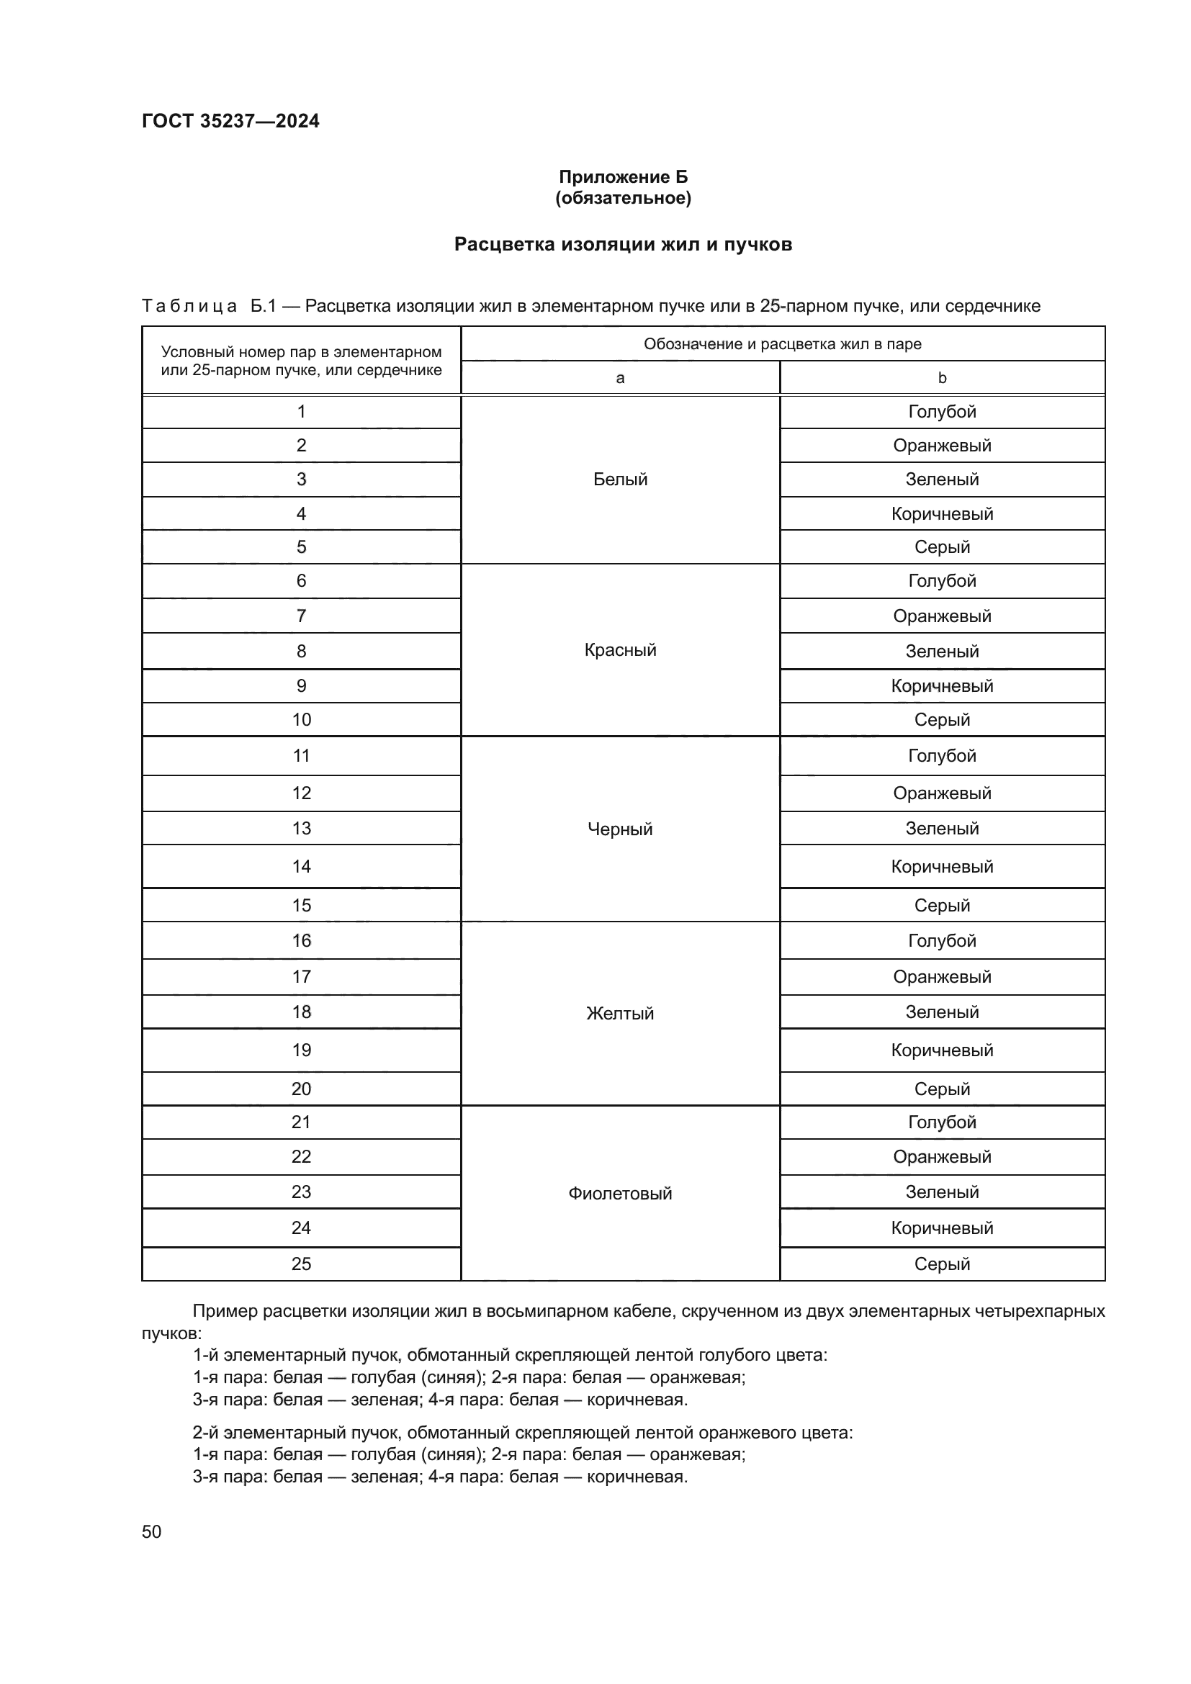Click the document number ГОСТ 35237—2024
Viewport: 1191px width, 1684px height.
click(230, 121)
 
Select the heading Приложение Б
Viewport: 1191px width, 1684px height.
click(623, 177)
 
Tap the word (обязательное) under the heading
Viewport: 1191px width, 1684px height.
click(623, 198)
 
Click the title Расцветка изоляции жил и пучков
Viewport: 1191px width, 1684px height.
click(623, 244)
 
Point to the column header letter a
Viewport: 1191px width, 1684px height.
click(620, 379)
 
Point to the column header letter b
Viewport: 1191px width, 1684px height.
click(942, 379)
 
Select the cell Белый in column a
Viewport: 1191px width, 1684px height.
click(620, 479)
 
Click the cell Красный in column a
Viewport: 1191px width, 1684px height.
click(620, 650)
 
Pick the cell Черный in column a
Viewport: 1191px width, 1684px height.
click(620, 829)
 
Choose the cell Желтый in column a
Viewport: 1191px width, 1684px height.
click(620, 1014)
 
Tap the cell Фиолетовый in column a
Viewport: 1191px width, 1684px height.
click(620, 1193)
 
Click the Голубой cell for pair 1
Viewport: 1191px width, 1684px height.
click(942, 413)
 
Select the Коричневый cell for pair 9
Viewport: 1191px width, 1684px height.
click(942, 687)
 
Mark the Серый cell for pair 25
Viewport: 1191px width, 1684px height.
click(942, 1264)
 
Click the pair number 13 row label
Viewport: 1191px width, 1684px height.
click(302, 829)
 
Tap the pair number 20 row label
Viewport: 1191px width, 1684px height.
click(302, 1089)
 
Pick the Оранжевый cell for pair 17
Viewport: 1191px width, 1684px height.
click(942, 977)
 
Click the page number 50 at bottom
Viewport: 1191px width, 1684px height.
click(152, 1532)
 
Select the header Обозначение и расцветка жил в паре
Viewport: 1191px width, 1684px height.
click(782, 345)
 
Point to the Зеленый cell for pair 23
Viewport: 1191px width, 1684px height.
click(942, 1192)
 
